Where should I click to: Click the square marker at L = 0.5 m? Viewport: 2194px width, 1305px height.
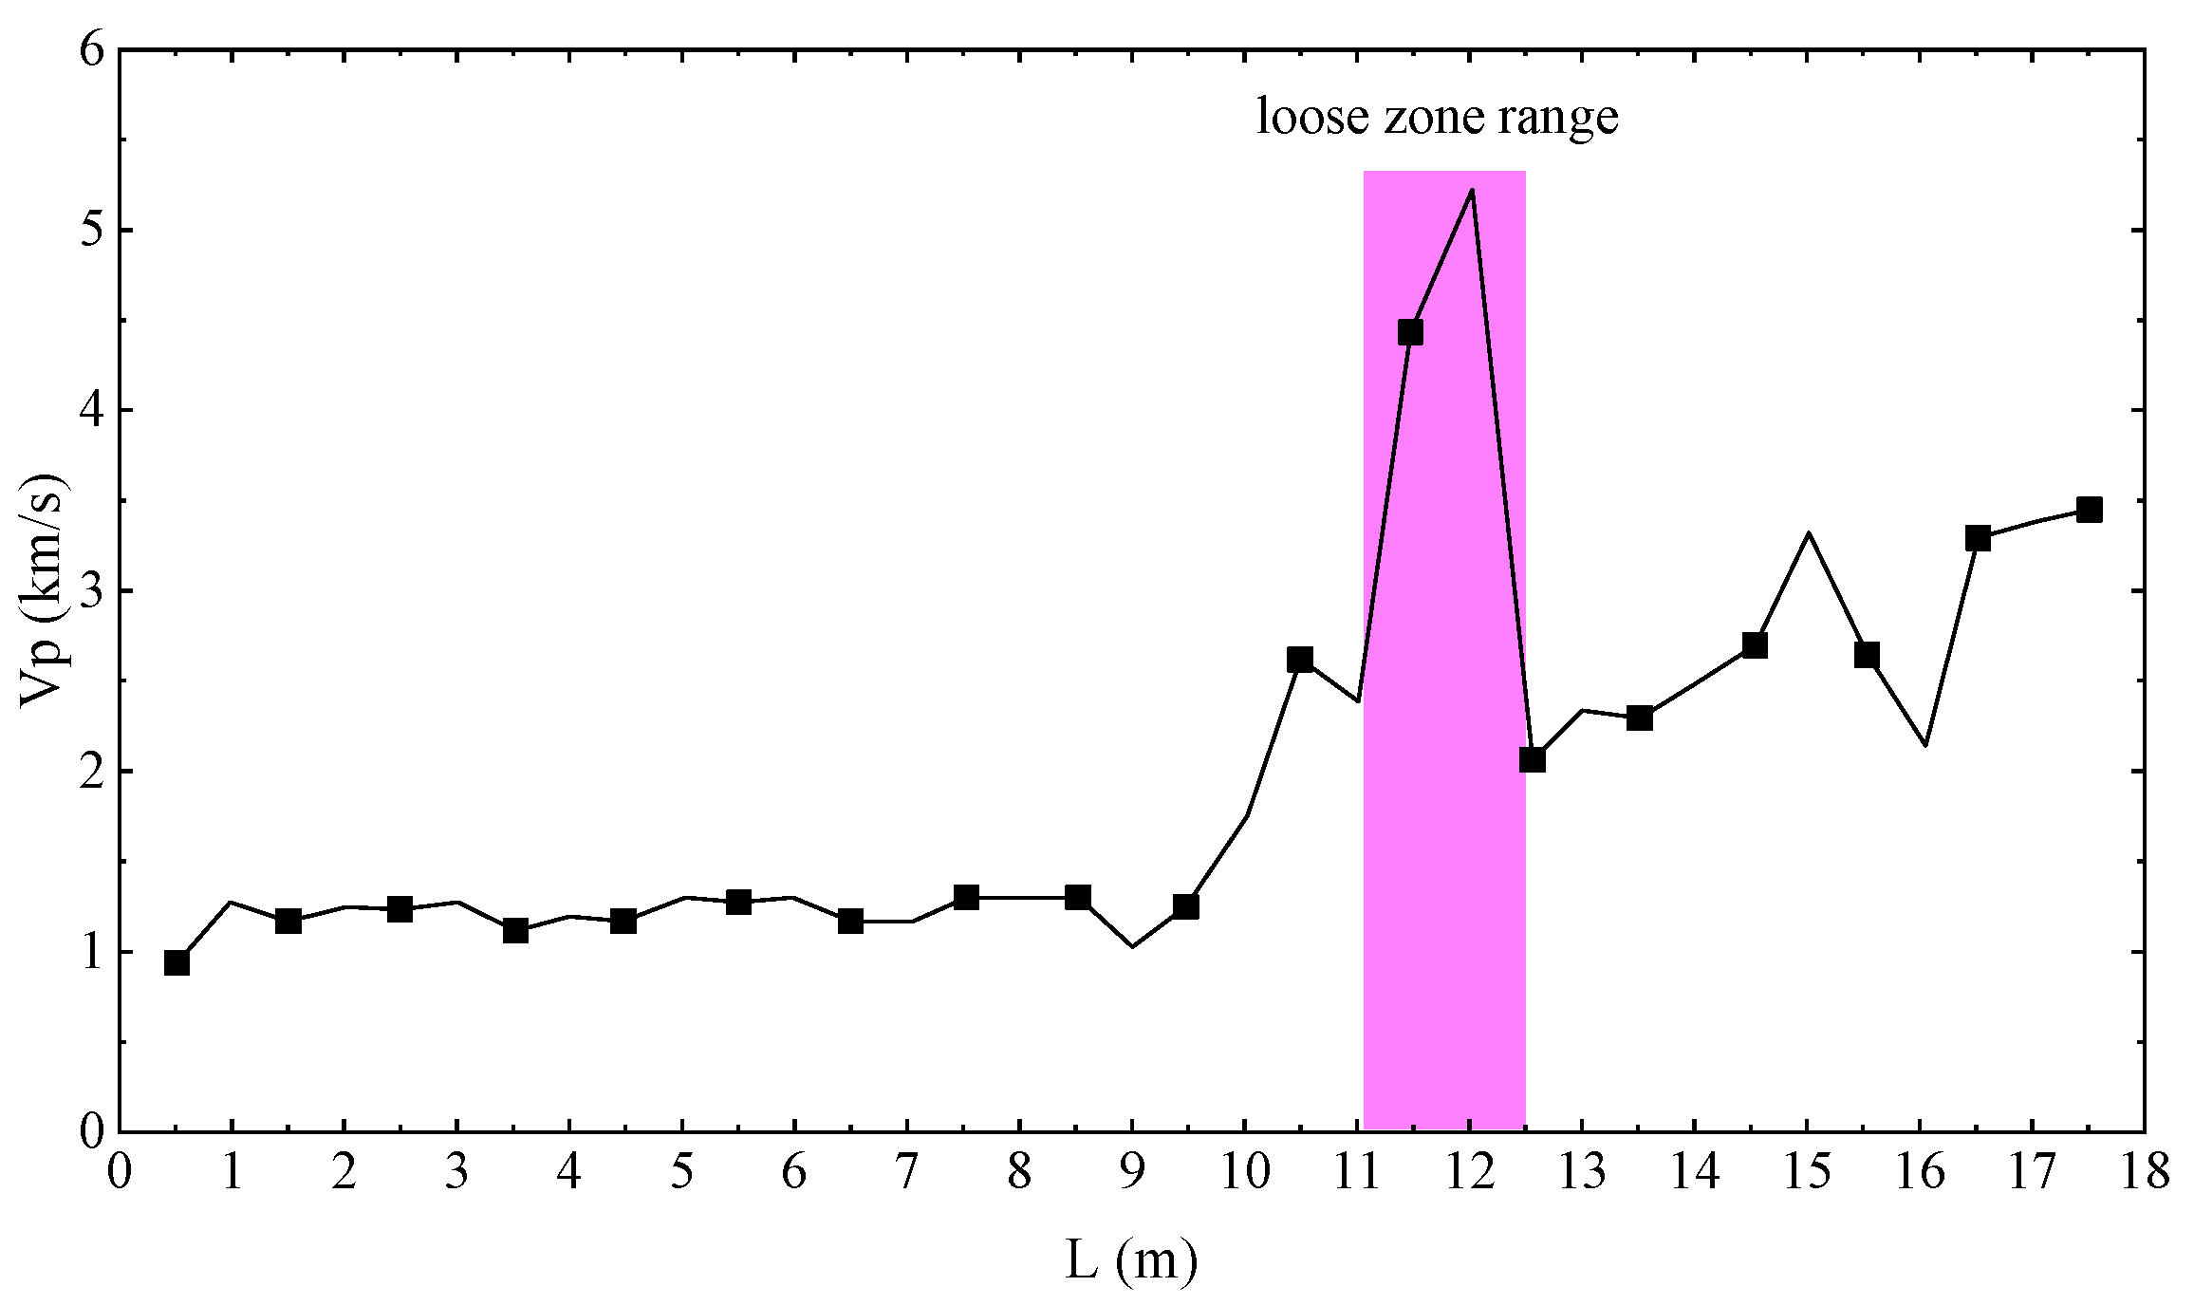[x=177, y=963]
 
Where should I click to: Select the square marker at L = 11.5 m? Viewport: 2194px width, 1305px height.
[x=1410, y=332]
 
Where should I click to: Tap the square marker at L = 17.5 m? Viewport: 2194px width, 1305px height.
[x=2089, y=511]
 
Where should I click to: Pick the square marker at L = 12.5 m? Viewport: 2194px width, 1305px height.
[x=1532, y=760]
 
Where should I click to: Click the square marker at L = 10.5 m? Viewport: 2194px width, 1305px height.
[x=1300, y=660]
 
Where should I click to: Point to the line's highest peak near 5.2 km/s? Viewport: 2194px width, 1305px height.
[x=1471, y=191]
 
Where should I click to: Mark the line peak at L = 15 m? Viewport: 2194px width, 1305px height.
[x=1809, y=533]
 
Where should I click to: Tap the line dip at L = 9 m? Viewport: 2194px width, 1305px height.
[x=1132, y=946]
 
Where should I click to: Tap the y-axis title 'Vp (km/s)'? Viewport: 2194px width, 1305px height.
[x=43, y=589]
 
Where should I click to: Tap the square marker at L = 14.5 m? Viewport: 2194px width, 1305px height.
[x=1755, y=646]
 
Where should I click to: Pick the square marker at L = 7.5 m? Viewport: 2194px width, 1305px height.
[x=966, y=897]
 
